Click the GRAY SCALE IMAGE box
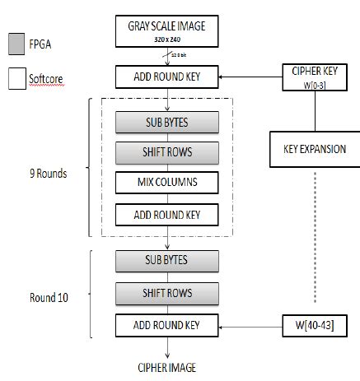[168, 31]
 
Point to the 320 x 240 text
[168, 38]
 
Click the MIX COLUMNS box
[168, 181]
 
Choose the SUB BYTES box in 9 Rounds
[168, 122]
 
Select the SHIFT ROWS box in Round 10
[168, 293]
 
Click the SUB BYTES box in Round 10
[168, 261]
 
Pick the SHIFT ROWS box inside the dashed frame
[168, 152]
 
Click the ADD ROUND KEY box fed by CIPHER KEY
[168, 78]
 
